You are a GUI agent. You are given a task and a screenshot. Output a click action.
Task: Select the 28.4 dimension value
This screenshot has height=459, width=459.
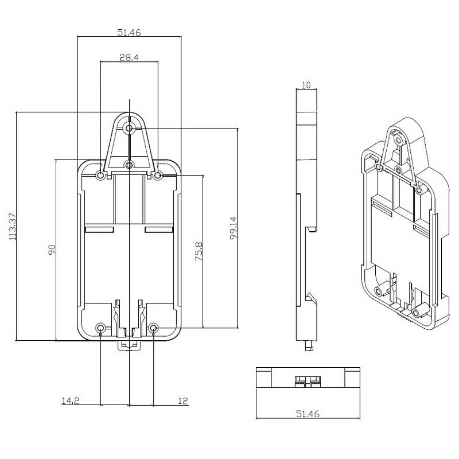tap(129, 57)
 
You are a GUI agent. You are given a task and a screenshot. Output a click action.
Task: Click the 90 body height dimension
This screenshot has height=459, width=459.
tap(51, 250)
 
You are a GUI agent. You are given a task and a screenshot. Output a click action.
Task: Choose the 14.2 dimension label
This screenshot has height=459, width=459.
tap(69, 402)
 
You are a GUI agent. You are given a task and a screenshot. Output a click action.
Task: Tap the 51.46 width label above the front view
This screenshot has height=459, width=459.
tap(129, 33)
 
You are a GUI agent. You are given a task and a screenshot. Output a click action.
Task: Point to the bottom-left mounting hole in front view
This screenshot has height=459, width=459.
tap(102, 328)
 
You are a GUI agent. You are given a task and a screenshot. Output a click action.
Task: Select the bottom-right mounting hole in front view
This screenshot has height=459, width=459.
tap(154, 328)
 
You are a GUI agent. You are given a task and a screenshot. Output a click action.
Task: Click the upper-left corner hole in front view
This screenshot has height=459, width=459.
tap(101, 176)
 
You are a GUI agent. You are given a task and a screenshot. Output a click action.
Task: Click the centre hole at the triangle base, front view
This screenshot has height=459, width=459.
tap(130, 165)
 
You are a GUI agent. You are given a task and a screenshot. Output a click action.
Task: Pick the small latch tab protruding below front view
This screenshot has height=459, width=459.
tap(129, 344)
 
